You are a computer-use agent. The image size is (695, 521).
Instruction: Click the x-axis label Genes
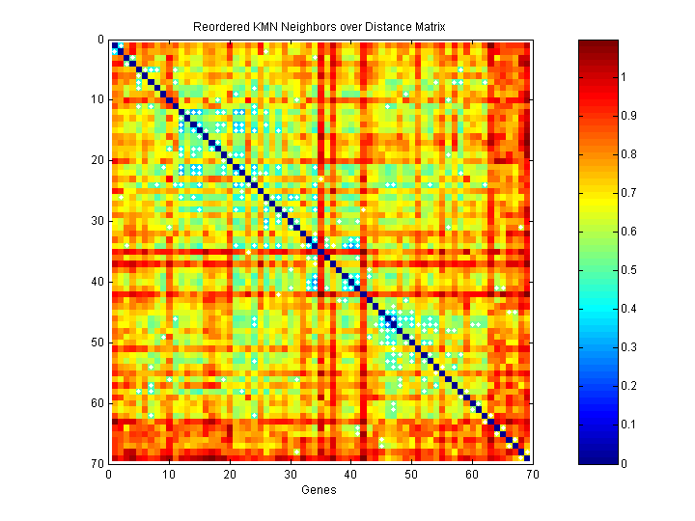pos(319,490)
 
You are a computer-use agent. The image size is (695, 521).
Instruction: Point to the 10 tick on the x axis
pos(169,474)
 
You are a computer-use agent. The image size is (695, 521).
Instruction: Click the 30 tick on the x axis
pos(290,474)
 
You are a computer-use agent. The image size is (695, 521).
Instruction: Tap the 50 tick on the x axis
pos(410,474)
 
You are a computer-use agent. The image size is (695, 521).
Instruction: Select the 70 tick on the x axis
pos(531,474)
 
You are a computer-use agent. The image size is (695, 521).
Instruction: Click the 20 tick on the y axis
pos(98,160)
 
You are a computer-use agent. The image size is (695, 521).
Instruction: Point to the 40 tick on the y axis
pos(98,282)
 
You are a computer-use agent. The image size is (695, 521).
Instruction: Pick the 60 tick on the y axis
pos(98,402)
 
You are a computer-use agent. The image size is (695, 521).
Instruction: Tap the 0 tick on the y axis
pos(101,40)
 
